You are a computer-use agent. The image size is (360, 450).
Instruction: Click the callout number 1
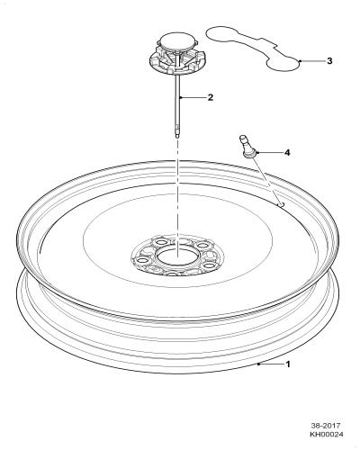[x=288, y=364]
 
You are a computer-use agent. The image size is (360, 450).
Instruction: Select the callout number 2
[x=211, y=97]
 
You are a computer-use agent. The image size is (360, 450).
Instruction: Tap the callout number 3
[x=329, y=61]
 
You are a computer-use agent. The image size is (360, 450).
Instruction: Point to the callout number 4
[x=287, y=153]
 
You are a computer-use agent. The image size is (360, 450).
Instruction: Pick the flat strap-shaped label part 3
[x=254, y=49]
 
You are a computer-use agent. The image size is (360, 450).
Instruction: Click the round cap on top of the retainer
[x=177, y=40]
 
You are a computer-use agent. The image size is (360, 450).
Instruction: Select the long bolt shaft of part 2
[x=177, y=105]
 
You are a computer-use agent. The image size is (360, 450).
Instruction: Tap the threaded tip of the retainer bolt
[x=177, y=135]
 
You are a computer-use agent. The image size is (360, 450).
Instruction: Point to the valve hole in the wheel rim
[x=281, y=204]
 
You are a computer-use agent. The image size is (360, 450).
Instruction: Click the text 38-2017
[x=326, y=426]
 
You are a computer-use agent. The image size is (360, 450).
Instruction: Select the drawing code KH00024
[x=327, y=434]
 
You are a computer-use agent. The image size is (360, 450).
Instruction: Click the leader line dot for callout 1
[x=258, y=364]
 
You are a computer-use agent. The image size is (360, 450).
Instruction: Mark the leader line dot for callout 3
[x=301, y=61]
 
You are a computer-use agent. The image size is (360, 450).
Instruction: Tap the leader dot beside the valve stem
[x=257, y=153]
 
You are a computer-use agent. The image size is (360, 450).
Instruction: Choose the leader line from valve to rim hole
[x=267, y=180]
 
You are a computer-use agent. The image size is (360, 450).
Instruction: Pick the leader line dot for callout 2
[x=180, y=97]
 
